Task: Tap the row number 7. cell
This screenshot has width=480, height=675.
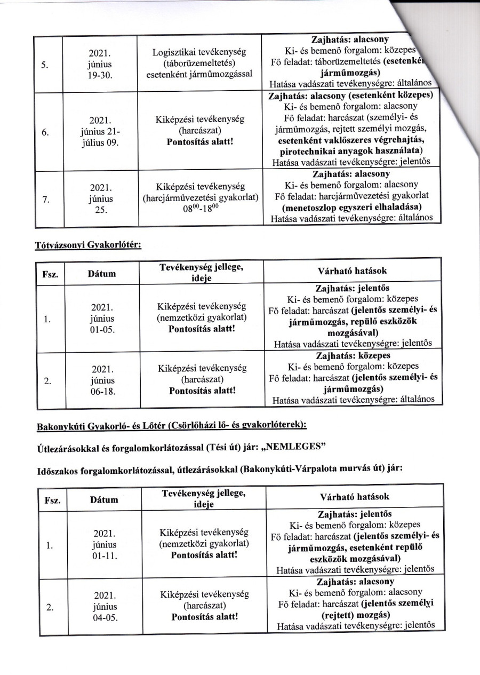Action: pos(46,200)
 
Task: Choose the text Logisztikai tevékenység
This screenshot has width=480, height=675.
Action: pos(198,53)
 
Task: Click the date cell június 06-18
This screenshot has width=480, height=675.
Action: pos(100,379)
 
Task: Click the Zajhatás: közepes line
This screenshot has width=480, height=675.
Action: pos(353,355)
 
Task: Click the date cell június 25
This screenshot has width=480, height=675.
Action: pos(100,200)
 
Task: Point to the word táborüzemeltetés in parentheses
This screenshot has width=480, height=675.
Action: pos(198,63)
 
